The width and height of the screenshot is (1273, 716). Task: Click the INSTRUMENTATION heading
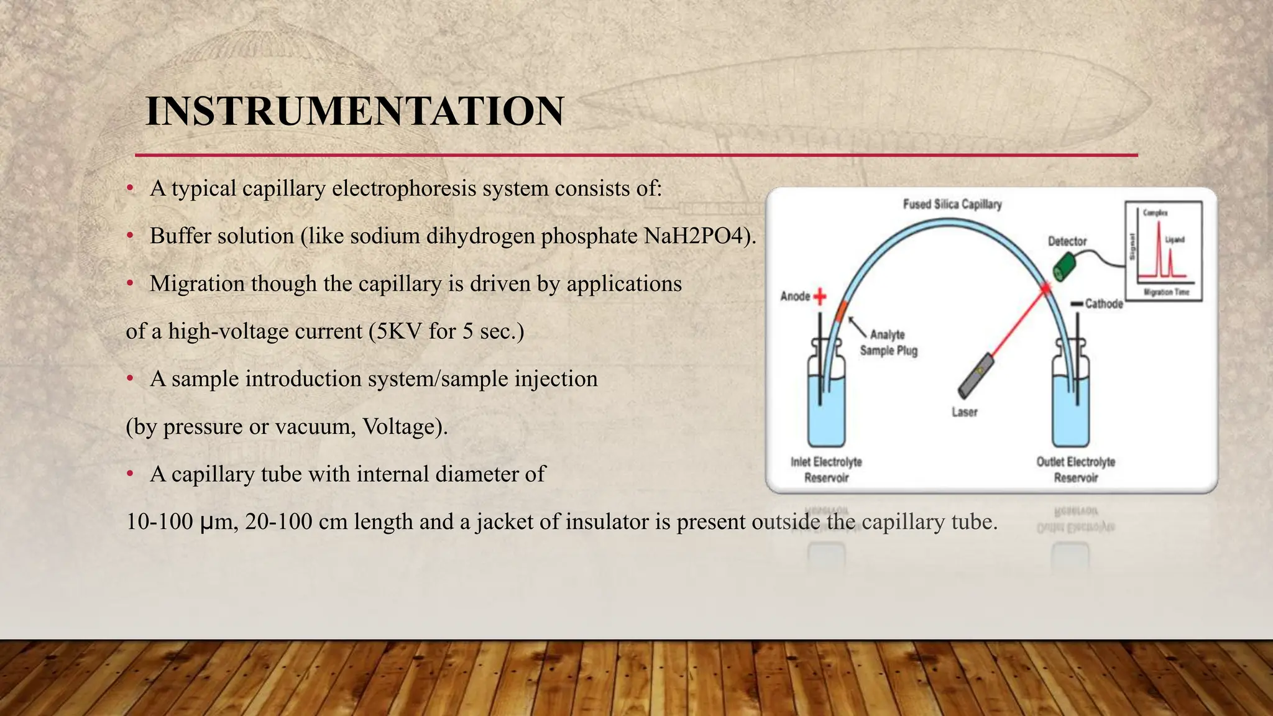(354, 112)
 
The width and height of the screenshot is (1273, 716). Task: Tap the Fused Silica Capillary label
(952, 204)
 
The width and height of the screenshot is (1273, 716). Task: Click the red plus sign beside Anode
(820, 296)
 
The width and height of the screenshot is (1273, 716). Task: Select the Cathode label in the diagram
(1103, 304)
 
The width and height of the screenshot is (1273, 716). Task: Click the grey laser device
(975, 375)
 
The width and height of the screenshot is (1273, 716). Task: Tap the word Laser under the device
(964, 412)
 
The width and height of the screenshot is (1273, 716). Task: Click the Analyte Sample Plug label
(888, 342)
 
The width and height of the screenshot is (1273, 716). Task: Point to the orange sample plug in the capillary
(842, 310)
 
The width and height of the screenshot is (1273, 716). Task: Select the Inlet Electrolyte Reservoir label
(826, 470)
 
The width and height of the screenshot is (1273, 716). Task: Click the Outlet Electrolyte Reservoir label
(1075, 470)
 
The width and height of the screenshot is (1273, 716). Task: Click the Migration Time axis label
(1167, 292)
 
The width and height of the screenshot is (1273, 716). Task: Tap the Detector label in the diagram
(1067, 241)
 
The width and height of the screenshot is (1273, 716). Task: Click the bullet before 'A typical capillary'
(130, 188)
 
